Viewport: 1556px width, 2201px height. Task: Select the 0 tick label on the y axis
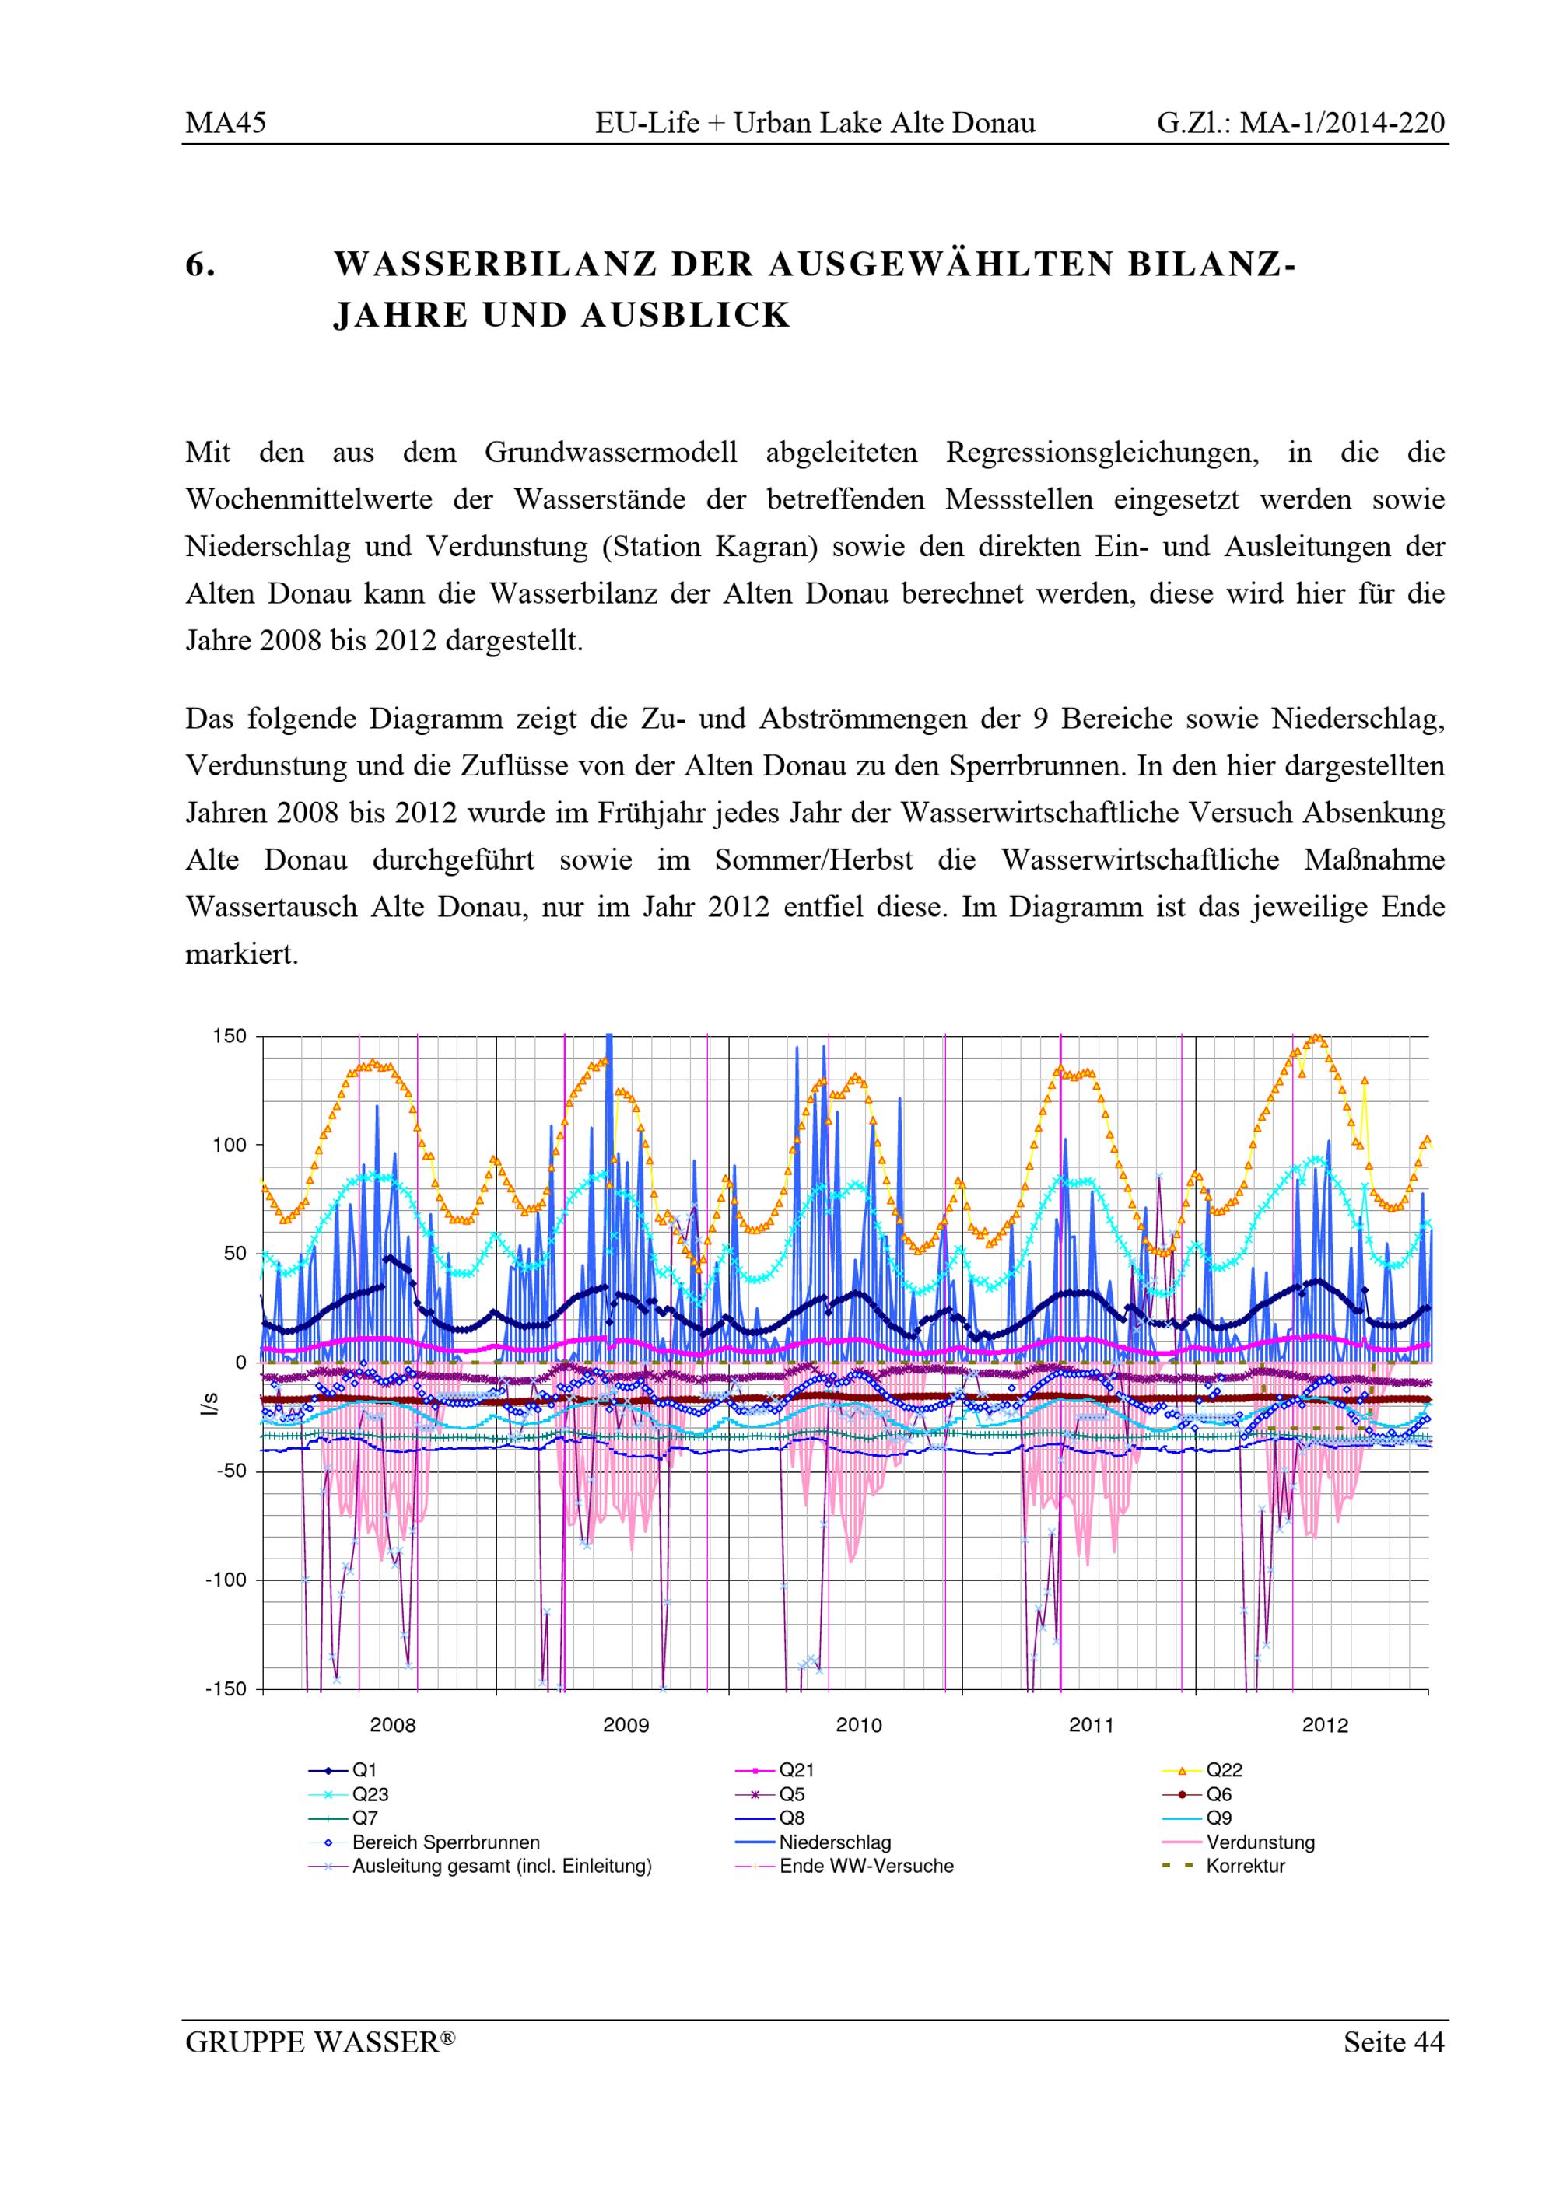click(240, 1362)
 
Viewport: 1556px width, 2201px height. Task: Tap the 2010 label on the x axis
click(859, 1726)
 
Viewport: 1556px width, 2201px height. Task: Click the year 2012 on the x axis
click(1325, 1726)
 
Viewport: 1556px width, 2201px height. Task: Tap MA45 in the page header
click(226, 123)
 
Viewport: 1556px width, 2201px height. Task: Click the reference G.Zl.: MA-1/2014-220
click(1300, 123)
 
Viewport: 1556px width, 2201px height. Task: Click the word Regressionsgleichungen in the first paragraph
click(1102, 453)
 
